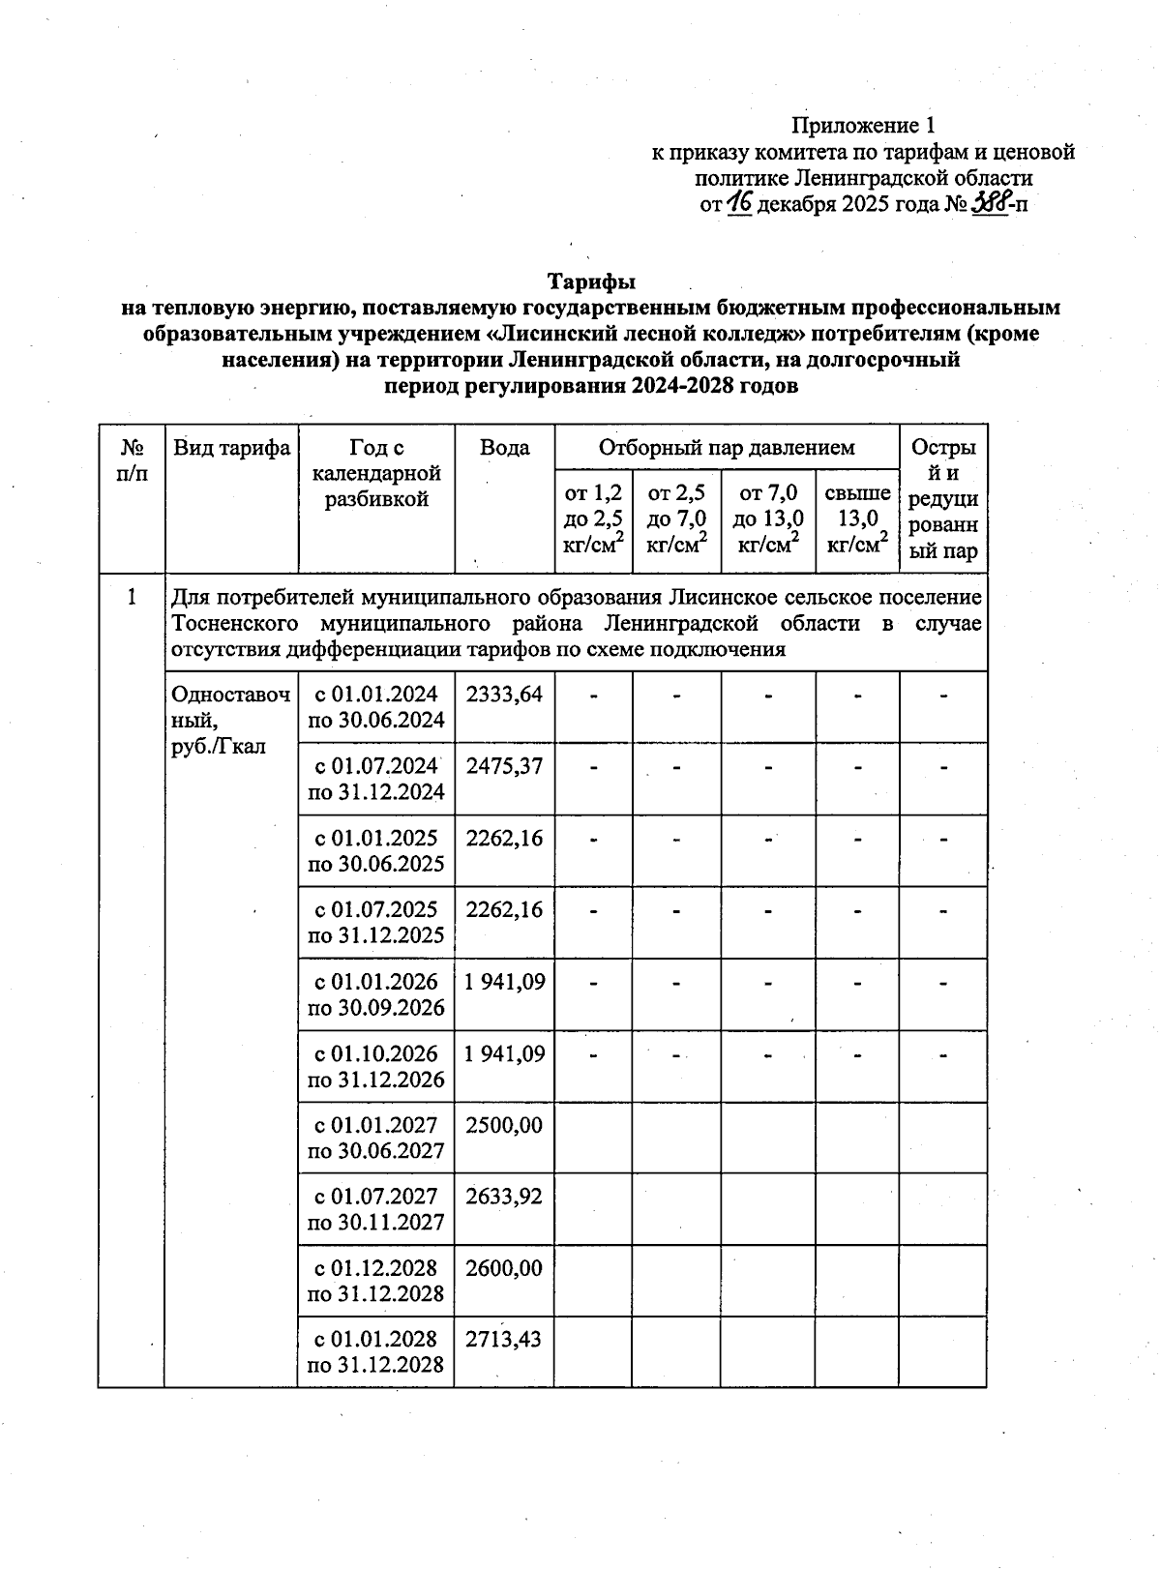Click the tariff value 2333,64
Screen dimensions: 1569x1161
[504, 695]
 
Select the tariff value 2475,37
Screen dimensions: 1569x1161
[504, 766]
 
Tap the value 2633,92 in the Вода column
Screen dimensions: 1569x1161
[504, 1197]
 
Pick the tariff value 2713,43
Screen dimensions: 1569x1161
[504, 1340]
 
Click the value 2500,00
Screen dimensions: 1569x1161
[504, 1125]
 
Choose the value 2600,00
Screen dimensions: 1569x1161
[504, 1268]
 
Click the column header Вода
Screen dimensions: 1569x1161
[504, 448]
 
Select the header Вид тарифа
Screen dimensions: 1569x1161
[231, 448]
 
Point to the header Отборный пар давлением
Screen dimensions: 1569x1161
[727, 448]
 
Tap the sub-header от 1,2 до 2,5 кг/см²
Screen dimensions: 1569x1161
[593, 519]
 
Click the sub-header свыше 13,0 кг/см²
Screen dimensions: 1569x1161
[857, 519]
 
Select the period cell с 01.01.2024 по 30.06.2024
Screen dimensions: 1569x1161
[375, 707]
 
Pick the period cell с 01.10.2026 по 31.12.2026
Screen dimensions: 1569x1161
[375, 1066]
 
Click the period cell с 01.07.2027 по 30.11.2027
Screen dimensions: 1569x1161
[375, 1209]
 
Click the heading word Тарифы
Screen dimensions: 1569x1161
[591, 281]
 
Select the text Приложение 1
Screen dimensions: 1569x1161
[863, 125]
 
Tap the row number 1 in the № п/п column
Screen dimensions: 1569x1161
[132, 598]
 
